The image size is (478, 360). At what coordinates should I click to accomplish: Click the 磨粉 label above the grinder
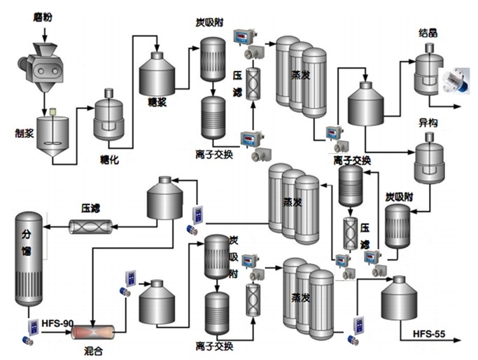[43, 17]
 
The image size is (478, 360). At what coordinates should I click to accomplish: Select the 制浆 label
[24, 133]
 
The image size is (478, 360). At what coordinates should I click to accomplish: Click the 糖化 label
[109, 160]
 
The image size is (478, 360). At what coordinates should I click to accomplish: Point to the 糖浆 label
[157, 102]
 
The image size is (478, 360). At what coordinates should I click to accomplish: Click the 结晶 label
[428, 33]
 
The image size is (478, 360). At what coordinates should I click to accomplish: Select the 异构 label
[428, 123]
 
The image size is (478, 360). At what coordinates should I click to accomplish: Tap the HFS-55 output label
[429, 334]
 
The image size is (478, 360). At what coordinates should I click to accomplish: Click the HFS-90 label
[57, 323]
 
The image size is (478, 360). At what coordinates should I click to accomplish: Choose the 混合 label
[93, 351]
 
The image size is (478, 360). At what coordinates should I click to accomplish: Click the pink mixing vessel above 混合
[93, 333]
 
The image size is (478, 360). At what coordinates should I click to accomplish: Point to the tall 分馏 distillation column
[29, 258]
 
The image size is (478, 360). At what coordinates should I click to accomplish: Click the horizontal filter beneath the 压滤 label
[90, 227]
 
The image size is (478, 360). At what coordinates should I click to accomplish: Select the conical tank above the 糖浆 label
[157, 74]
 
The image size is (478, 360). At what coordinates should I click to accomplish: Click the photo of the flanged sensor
[457, 81]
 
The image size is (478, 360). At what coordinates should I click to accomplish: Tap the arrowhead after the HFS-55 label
[456, 340]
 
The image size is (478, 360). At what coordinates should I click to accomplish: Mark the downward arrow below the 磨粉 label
[45, 35]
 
